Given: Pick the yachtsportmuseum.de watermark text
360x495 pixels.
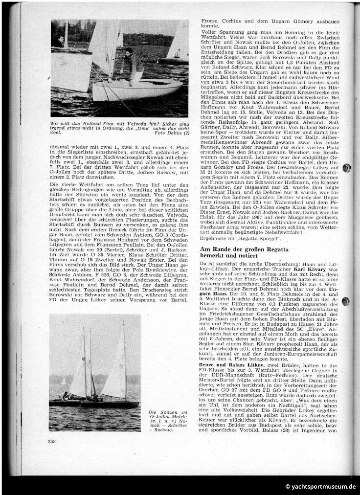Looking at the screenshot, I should [x=320, y=486].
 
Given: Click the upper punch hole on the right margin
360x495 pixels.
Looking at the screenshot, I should [x=347, y=169].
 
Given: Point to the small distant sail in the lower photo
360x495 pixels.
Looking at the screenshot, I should [x=63, y=381].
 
